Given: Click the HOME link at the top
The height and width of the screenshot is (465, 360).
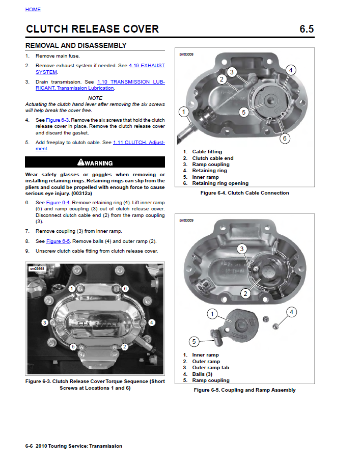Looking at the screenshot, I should (33, 10).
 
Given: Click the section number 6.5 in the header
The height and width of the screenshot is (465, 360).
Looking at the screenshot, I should (307, 29).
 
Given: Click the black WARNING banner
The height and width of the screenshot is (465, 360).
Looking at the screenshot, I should (95, 163).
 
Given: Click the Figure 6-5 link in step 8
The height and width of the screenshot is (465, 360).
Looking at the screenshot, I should (58, 241).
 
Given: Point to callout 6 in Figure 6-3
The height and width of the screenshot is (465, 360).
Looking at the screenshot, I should (125, 288).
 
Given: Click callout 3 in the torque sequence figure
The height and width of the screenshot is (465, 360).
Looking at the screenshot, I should (45, 322).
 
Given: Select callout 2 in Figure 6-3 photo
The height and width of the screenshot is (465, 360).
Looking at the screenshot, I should (124, 347).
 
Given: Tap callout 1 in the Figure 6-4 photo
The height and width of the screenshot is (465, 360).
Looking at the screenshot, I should (184, 112).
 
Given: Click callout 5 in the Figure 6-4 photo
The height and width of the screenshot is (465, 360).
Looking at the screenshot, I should (243, 112).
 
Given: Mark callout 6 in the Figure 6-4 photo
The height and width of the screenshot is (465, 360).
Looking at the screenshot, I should (285, 138).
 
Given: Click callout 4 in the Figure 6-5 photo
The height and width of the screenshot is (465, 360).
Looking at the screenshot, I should (291, 312).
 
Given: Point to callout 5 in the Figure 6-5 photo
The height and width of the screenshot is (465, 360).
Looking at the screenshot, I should (193, 341).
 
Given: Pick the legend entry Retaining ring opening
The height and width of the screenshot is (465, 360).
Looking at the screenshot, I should (220, 183).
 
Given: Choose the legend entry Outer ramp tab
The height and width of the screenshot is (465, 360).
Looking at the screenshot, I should (210, 368).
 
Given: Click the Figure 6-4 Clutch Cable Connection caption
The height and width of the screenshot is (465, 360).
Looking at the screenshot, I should (244, 193).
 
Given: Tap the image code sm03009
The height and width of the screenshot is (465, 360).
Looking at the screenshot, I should (186, 221).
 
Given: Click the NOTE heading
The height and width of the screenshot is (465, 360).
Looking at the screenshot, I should (95, 98).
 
